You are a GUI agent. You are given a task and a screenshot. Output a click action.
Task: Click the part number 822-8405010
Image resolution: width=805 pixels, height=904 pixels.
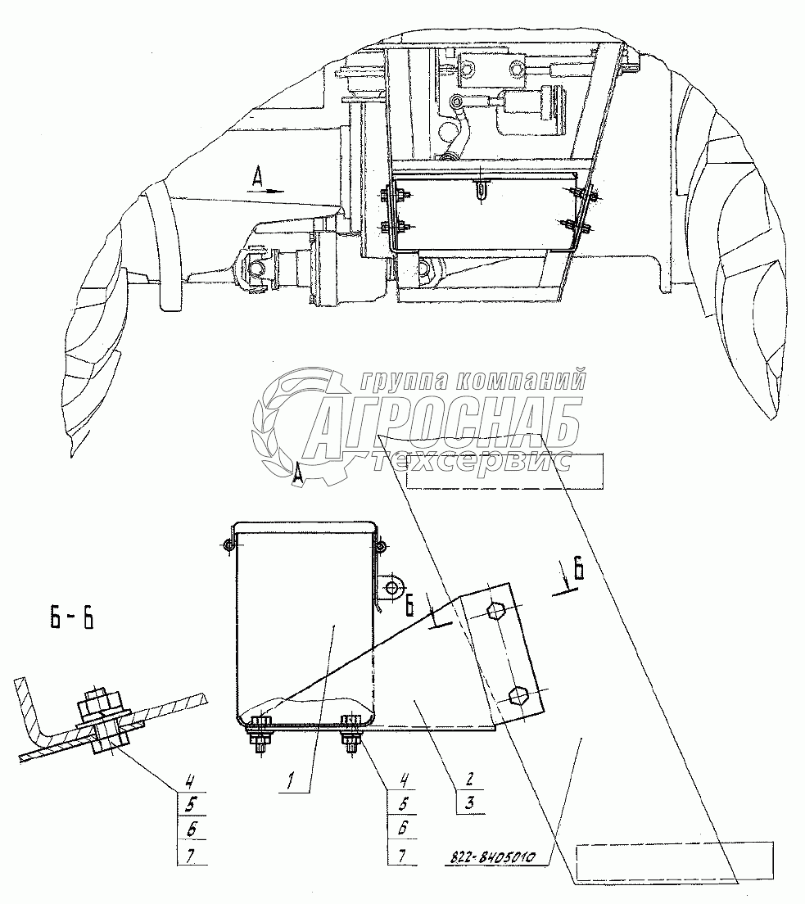[x=491, y=857]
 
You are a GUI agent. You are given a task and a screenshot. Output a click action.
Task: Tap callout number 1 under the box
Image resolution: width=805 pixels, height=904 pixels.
[x=291, y=782]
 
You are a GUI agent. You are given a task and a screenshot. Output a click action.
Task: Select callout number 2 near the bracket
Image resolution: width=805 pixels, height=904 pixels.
[x=469, y=780]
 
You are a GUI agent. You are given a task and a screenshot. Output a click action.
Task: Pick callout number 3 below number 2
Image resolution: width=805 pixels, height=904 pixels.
[x=470, y=802]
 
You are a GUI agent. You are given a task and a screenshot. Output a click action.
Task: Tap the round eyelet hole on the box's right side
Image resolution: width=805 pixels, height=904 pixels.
[x=392, y=588]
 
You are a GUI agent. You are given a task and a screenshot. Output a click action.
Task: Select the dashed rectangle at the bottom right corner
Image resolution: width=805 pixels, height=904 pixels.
[x=675, y=862]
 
